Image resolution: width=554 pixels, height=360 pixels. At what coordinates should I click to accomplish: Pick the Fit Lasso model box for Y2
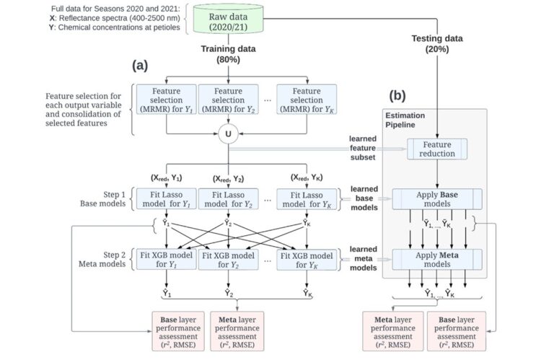[x=227, y=198]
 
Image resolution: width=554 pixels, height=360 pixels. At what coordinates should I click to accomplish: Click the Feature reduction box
[x=437, y=149]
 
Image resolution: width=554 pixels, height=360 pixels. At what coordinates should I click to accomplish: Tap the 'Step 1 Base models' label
[x=92, y=198]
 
